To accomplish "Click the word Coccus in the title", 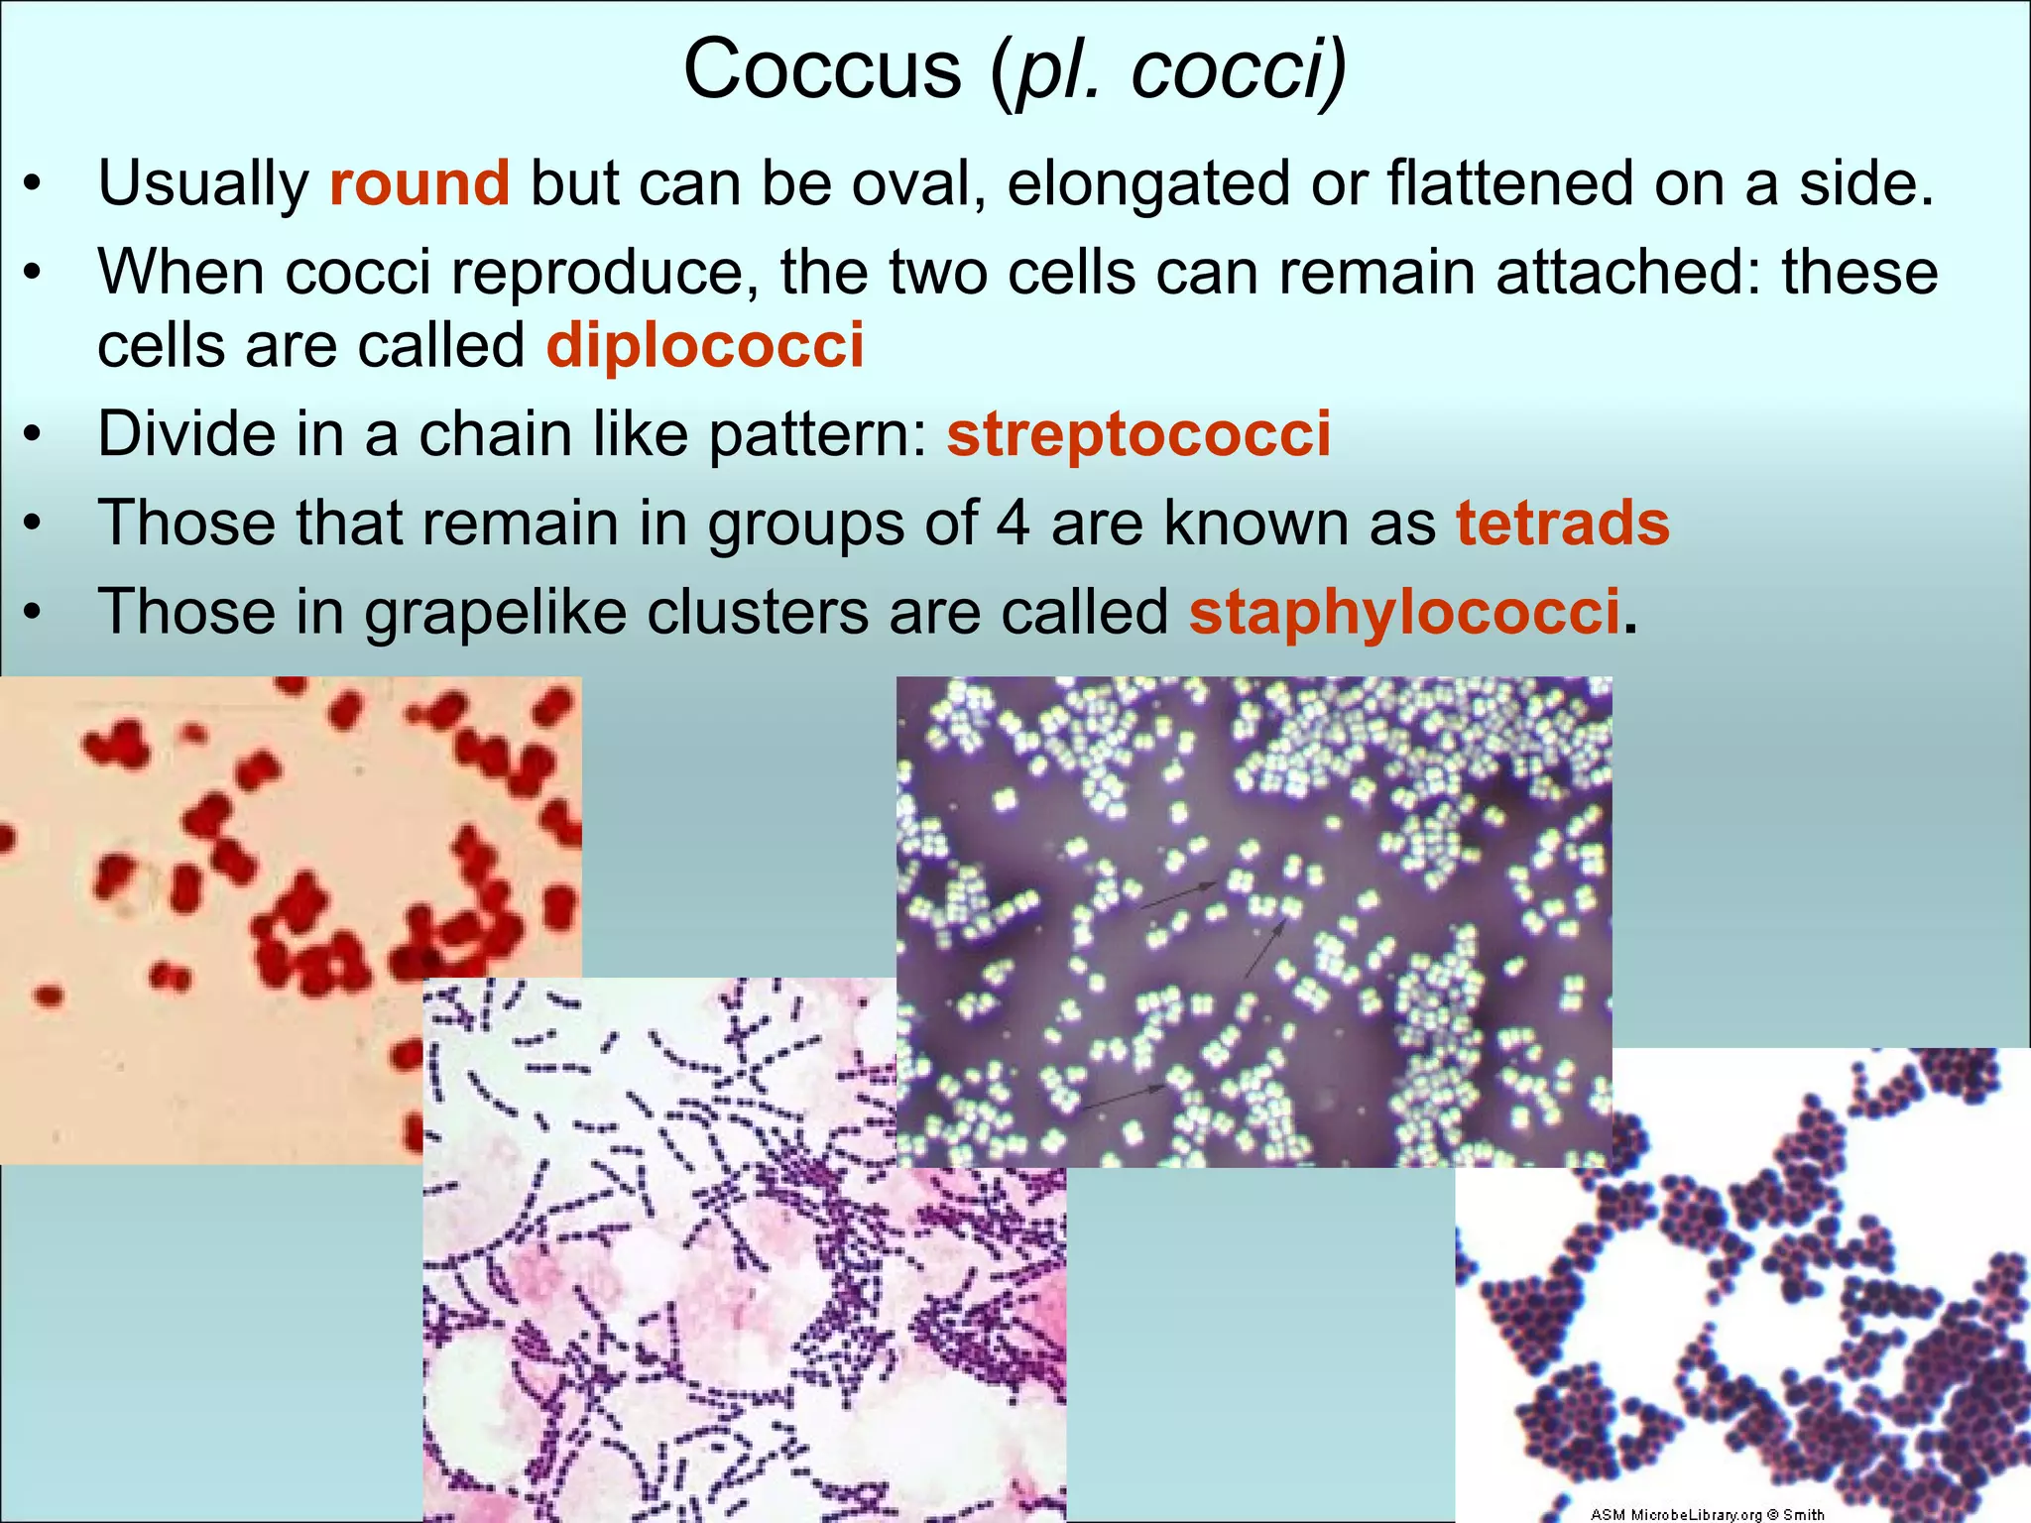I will (822, 69).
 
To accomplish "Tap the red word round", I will (418, 184).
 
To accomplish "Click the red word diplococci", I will (705, 346).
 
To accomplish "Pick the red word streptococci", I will (1138, 434).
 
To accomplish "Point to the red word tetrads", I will (1563, 523).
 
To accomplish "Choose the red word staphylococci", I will (1404, 612).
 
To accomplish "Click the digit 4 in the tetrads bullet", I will (1013, 523).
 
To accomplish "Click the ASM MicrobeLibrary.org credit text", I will (1707, 1514).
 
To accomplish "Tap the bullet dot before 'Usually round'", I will (34, 185).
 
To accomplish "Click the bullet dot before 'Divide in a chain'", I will (34, 435).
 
